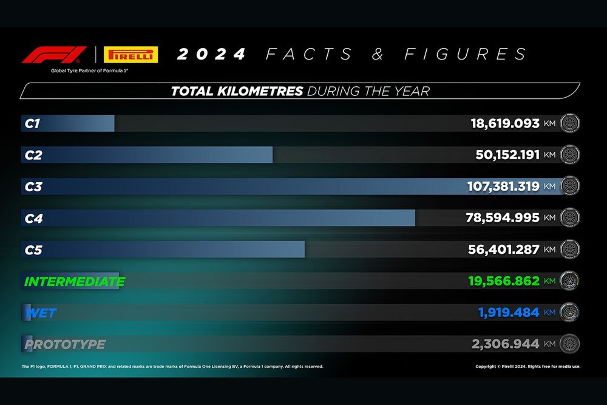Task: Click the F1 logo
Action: pos(54,55)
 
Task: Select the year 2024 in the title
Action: pos(211,55)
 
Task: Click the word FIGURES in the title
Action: pos(466,55)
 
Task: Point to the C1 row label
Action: pos(32,123)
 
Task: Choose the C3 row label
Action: pos(33,186)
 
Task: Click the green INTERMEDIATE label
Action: pos(74,282)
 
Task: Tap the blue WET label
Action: pos(41,313)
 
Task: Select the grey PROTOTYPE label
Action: pos(65,345)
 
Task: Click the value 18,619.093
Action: pos(505,123)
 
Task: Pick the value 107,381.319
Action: pos(503,186)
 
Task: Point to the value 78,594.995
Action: pos(503,217)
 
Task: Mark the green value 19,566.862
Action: pos(504,281)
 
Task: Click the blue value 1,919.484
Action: pos(508,313)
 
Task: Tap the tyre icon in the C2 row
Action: pos(570,155)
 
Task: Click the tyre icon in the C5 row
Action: pos(570,250)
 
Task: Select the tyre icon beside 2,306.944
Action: pos(570,344)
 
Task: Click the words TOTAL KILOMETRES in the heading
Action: pos(237,92)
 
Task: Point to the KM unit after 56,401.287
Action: pos(550,250)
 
